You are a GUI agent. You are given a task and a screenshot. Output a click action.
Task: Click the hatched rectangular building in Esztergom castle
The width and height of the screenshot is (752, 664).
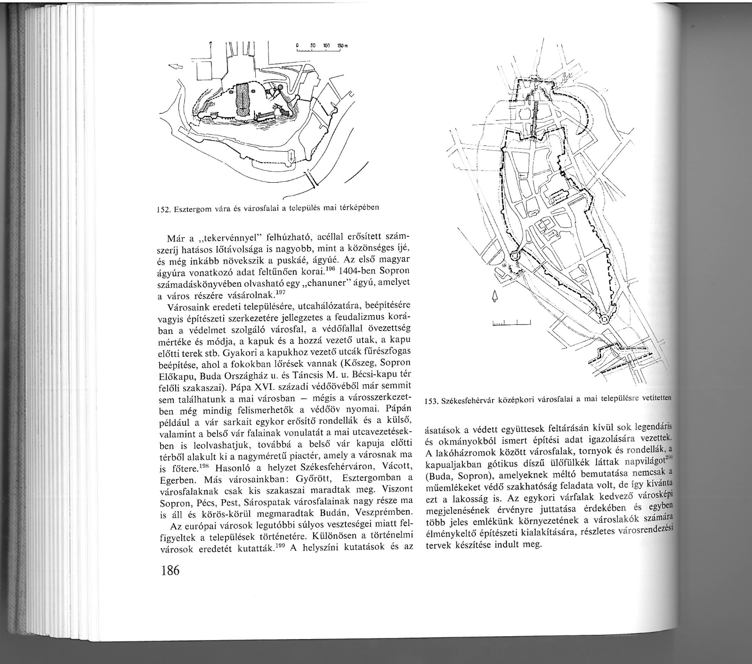243,100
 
